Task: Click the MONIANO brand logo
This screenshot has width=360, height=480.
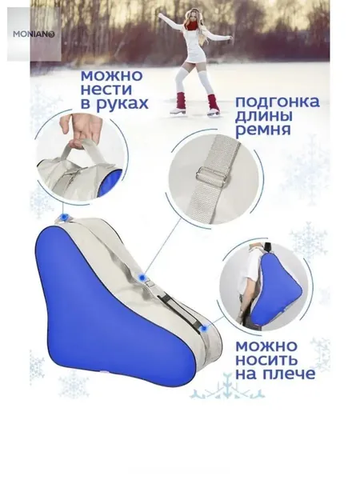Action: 34,34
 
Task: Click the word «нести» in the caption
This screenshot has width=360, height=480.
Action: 106,90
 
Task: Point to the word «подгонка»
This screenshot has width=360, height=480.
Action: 278,102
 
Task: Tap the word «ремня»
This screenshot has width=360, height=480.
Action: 263,130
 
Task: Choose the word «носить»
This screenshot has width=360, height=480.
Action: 266,360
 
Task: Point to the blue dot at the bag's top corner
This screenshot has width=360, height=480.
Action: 64,217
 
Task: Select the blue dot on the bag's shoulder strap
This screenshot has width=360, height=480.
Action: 142,278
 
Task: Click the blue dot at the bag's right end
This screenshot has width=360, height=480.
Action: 204,329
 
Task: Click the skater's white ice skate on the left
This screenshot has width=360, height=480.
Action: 178,110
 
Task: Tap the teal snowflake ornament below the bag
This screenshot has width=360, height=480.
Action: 227,389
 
